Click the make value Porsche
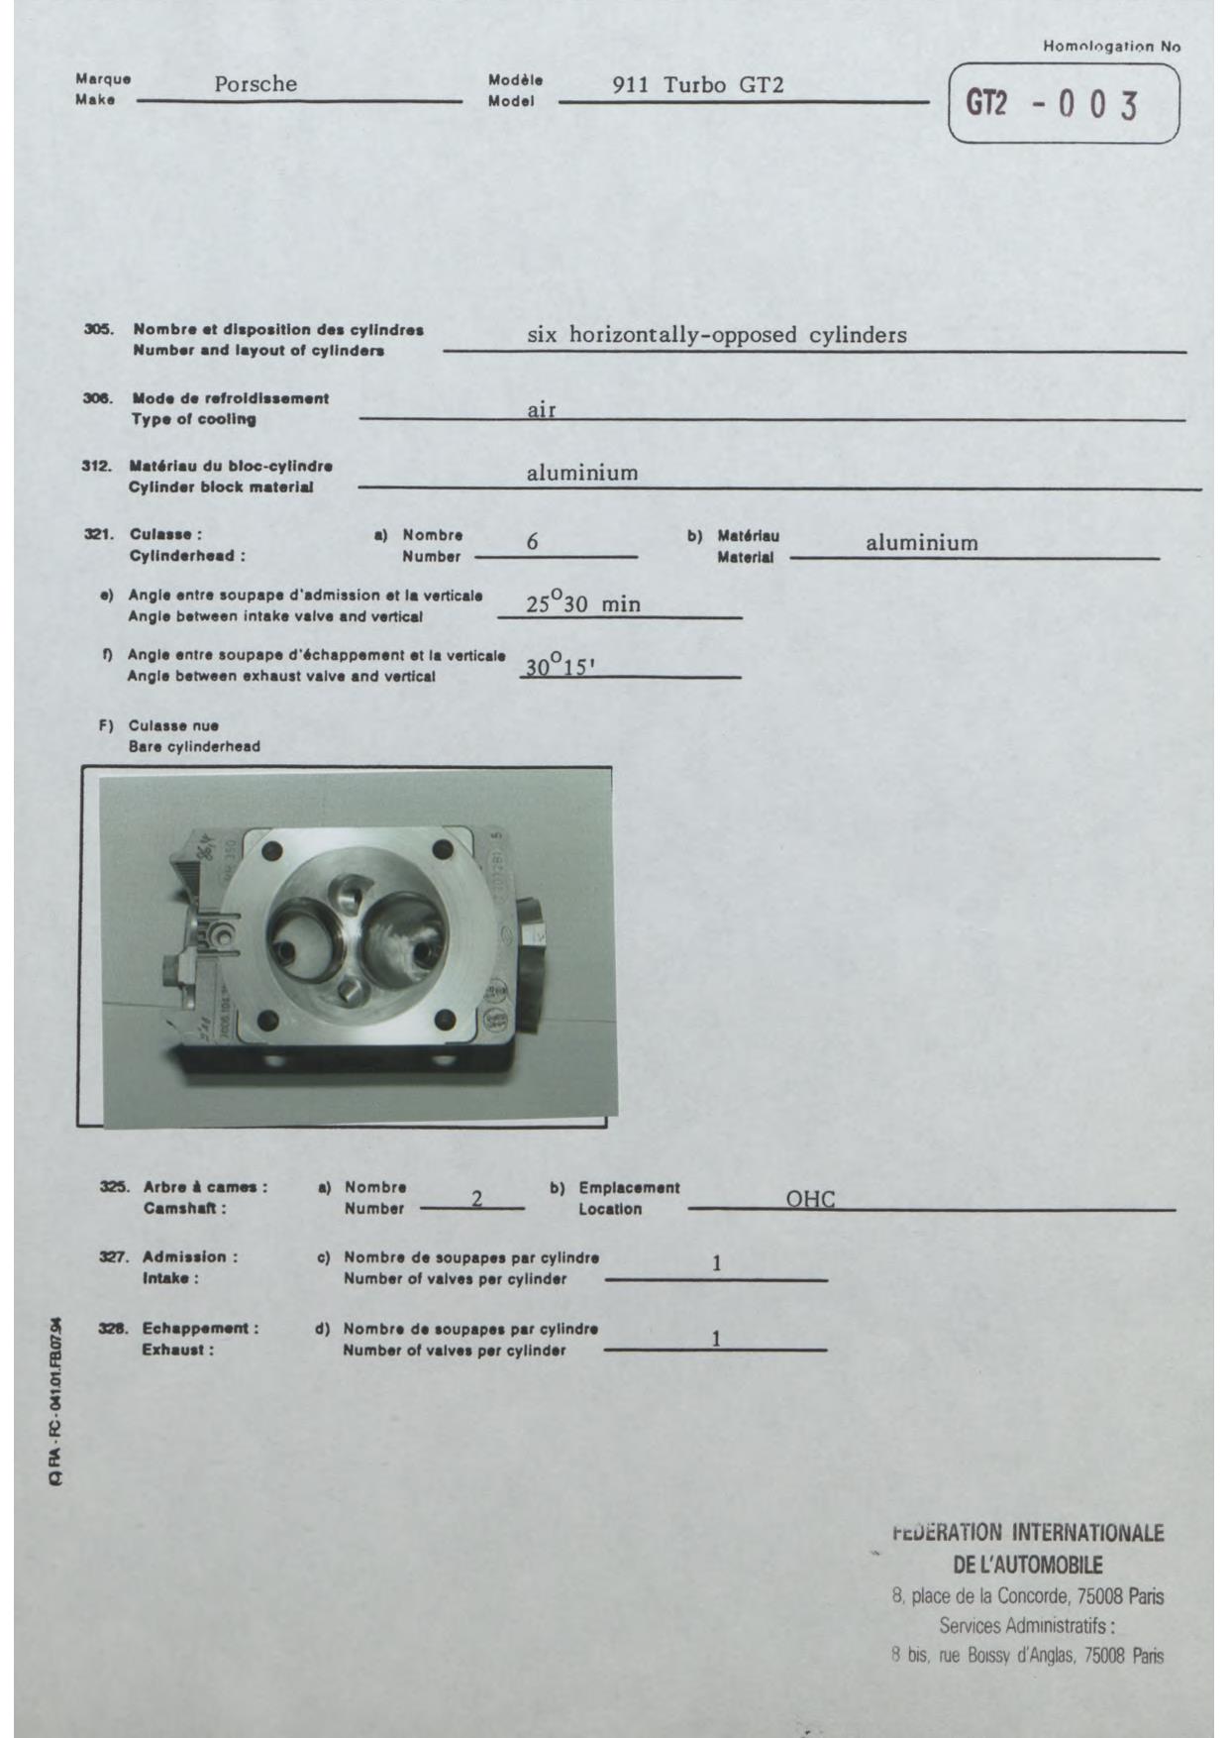click(x=256, y=84)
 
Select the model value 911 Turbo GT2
click(x=698, y=85)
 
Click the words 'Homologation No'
click(x=1111, y=46)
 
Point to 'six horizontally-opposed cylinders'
click(x=716, y=335)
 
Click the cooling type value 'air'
click(x=541, y=409)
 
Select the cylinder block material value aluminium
click(x=582, y=473)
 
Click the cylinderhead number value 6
click(x=533, y=542)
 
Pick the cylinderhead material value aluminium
click(x=921, y=543)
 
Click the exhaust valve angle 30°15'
click(x=559, y=667)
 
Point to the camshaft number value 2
click(x=476, y=1199)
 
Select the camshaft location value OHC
click(x=810, y=1199)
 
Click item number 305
click(x=97, y=330)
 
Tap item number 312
click(x=96, y=466)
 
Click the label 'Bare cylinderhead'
click(x=194, y=746)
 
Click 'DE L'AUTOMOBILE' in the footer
click(x=1027, y=1566)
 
